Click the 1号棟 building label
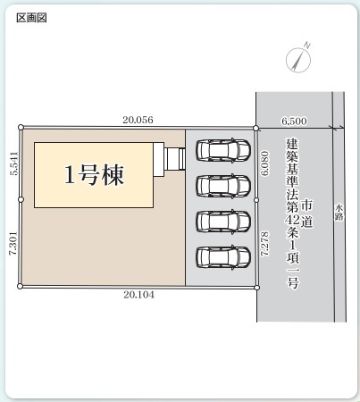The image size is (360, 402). (93, 174)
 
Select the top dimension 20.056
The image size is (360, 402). (138, 119)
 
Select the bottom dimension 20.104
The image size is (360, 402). (138, 296)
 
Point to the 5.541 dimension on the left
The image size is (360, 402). (13, 163)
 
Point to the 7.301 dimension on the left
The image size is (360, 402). (13, 241)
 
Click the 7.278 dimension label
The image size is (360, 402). (264, 244)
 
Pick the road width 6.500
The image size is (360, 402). (294, 119)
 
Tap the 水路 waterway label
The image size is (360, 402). (339, 211)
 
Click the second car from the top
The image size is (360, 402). (223, 186)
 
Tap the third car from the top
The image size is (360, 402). (223, 221)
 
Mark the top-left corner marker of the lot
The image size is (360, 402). (21, 127)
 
